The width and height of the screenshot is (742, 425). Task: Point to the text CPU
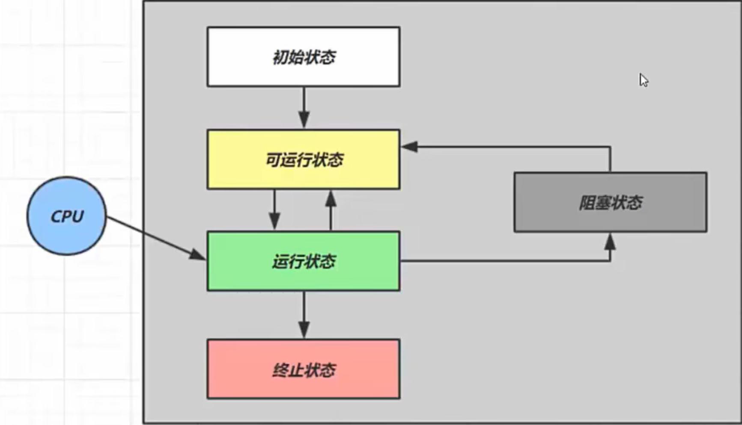(67, 216)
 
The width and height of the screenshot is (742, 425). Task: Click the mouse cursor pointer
(643, 80)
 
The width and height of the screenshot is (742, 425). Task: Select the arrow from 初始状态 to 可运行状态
(304, 107)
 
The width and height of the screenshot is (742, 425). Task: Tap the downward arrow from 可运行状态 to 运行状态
(274, 210)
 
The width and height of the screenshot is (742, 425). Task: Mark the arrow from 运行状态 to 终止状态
(304, 314)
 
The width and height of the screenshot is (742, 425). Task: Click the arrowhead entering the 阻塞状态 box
(610, 242)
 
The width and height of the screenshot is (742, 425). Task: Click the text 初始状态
(304, 57)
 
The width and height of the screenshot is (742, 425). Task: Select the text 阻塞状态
(610, 202)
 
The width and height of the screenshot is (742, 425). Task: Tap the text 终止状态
(304, 370)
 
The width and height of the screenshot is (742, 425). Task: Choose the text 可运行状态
(304, 159)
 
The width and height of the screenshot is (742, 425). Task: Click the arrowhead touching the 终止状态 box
(304, 330)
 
